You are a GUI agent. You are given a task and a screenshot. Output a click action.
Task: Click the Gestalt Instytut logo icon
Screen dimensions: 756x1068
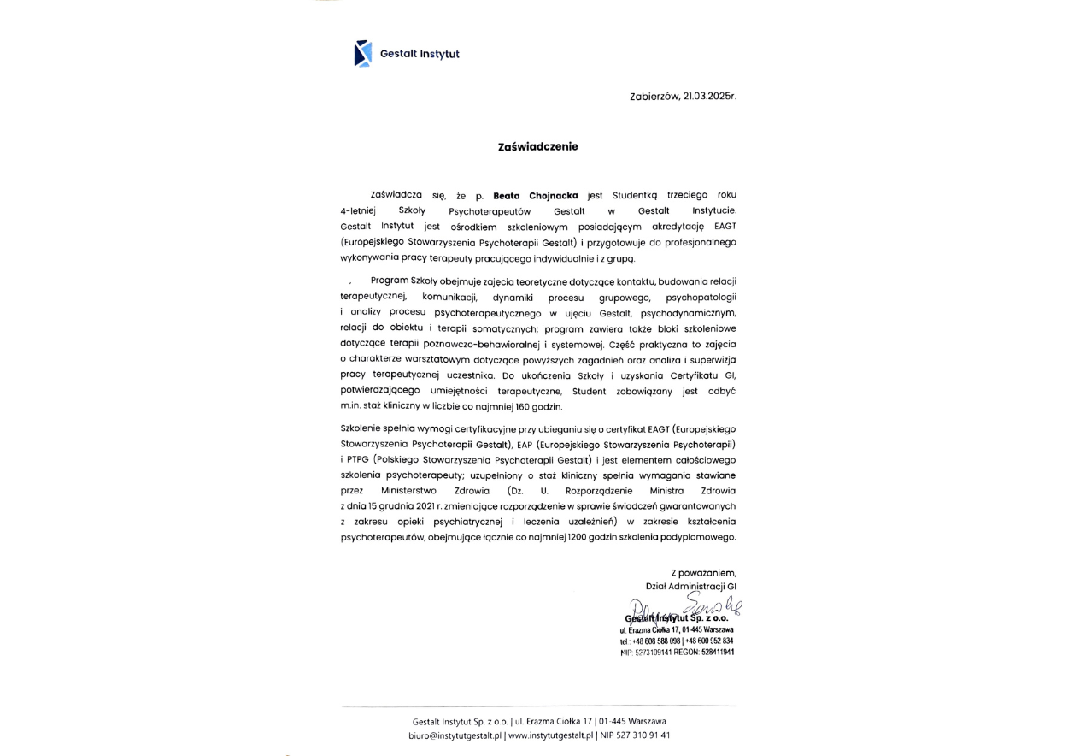coord(362,53)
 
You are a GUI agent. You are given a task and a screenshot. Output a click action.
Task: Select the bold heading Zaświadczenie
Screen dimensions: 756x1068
coord(537,146)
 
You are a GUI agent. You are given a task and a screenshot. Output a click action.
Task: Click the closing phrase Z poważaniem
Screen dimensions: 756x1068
coord(703,572)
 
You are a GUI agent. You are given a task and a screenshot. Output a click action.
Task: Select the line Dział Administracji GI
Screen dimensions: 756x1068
coord(690,587)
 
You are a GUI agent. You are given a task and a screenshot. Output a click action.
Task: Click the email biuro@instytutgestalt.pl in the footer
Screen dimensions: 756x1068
coord(455,735)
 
